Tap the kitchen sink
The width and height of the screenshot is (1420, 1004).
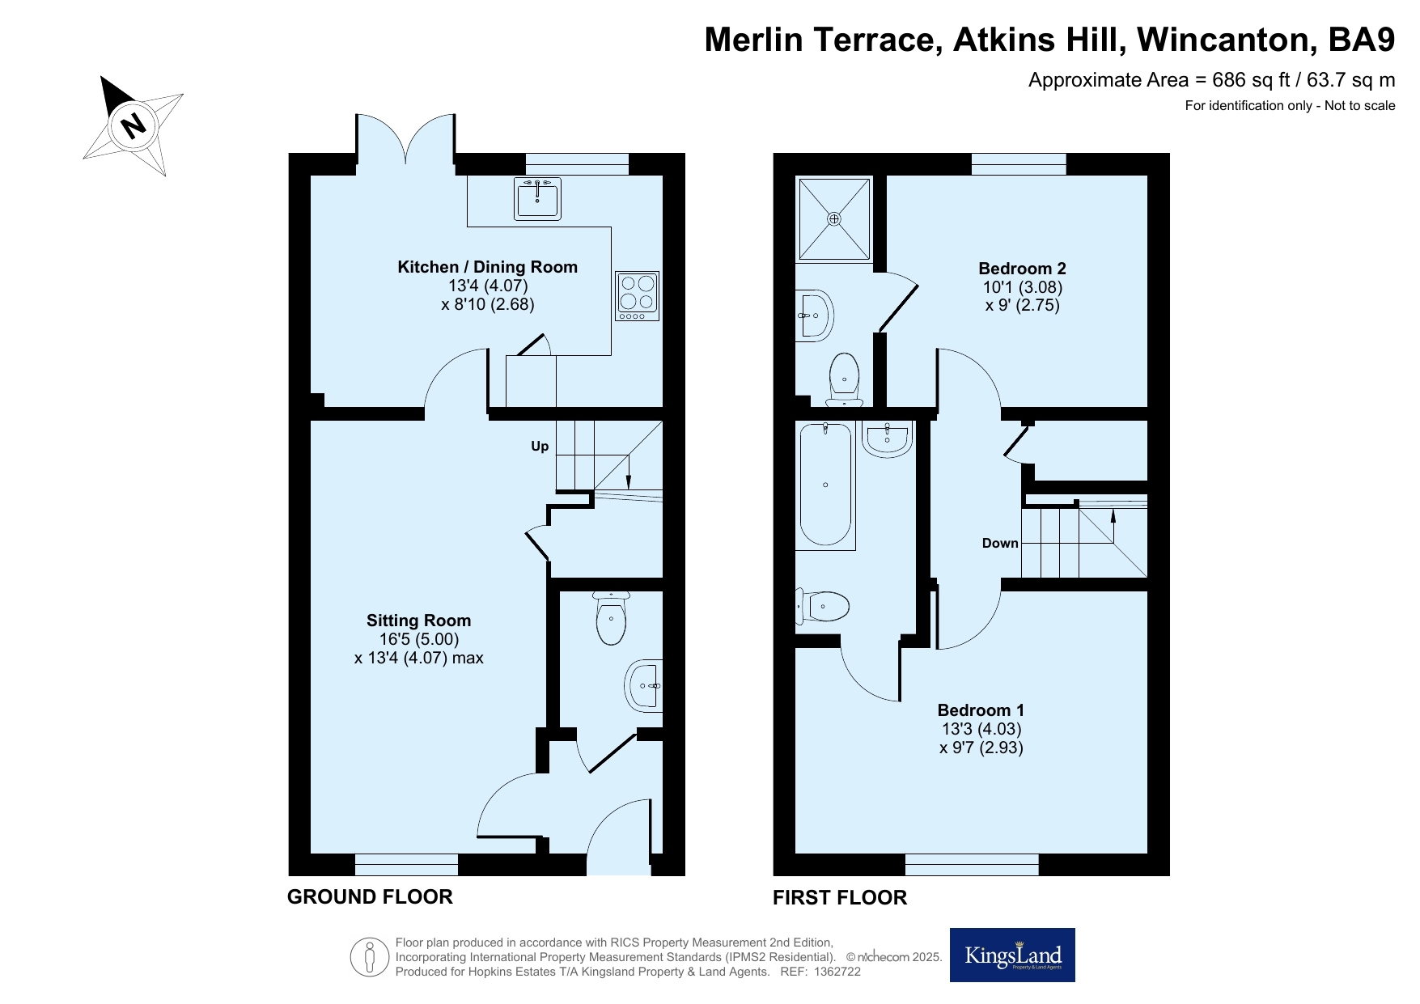click(536, 198)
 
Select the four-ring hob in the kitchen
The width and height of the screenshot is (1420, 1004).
click(637, 295)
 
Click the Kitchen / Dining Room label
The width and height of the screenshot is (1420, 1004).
click(488, 267)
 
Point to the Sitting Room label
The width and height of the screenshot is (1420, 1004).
click(418, 621)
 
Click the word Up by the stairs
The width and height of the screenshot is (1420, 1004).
click(540, 447)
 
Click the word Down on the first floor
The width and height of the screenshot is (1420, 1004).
click(1000, 543)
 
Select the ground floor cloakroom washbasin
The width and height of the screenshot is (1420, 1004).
click(645, 687)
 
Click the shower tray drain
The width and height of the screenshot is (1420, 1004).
click(834, 218)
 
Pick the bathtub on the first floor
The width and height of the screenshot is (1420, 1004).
click(826, 485)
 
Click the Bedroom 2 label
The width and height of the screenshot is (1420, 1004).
click(1023, 269)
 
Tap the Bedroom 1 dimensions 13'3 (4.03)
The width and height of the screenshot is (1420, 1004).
click(981, 729)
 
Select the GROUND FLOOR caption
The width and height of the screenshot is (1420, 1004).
click(370, 896)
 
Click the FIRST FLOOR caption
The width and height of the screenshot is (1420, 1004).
click(840, 897)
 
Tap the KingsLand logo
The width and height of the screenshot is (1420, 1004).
click(1012, 955)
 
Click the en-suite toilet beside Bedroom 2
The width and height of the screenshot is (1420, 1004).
click(845, 379)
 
